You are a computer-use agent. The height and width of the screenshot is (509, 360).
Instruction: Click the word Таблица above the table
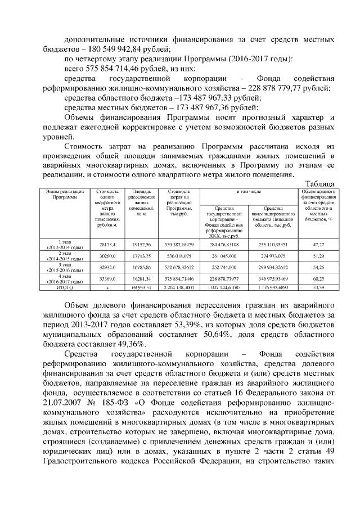(x=320, y=184)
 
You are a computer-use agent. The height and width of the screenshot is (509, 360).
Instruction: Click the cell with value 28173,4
(x=107, y=245)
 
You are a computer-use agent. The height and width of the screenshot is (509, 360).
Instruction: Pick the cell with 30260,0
(x=107, y=255)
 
